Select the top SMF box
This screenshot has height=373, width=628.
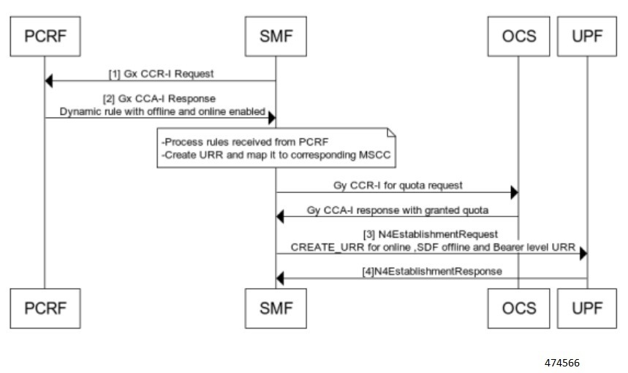pos(276,34)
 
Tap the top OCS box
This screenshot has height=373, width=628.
pos(518,34)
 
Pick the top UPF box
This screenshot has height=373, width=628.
pos(586,34)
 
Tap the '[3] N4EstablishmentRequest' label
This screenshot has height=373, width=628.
pos(431,233)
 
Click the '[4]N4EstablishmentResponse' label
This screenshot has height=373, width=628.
pos(431,271)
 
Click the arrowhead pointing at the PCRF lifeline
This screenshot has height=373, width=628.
pos(49,80)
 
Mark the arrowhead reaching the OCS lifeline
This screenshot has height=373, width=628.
pos(513,193)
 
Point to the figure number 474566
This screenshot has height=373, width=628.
pos(563,362)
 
